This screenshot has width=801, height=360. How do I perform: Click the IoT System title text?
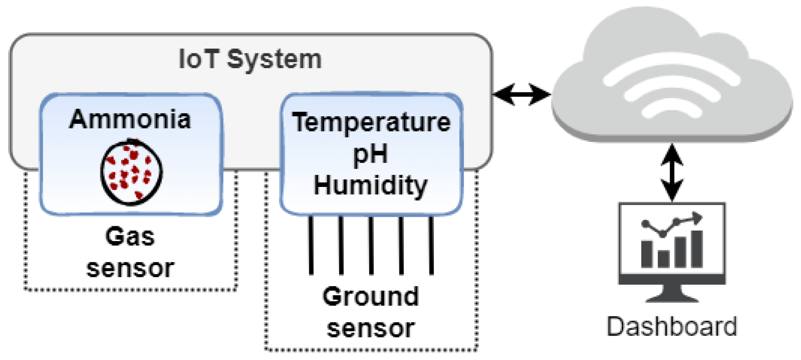pos(250,59)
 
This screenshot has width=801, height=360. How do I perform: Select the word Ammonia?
pos(130,119)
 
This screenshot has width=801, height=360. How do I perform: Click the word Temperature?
pos(371,122)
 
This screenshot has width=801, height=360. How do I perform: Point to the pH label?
pos(370,154)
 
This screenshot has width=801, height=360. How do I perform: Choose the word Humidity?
pos(370,185)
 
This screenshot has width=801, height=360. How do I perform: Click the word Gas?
pos(130,236)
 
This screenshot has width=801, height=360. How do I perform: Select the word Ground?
pos(371,296)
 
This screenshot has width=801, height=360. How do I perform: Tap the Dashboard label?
pos(672,327)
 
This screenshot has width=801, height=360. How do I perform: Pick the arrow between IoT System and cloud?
pos(522,94)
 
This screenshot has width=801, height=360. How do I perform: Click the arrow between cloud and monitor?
pos(672,173)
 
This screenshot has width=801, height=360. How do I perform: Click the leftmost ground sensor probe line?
pos(311,245)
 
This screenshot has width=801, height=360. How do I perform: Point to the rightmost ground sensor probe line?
pos(431,245)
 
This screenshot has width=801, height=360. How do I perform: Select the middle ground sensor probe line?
pos(371,245)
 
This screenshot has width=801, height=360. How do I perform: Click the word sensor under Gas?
pos(130,268)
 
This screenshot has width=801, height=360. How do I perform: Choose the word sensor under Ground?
pos(371,328)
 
